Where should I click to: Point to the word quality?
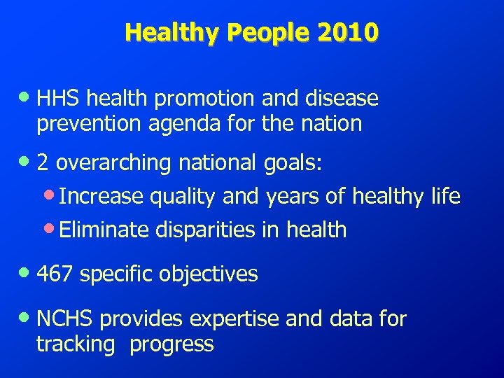[182, 197]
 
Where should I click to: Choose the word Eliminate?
[104, 229]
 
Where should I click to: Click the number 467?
[55, 274]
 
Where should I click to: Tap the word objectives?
[208, 274]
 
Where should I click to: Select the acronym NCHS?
[65, 319]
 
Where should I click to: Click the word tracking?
[76, 344]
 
